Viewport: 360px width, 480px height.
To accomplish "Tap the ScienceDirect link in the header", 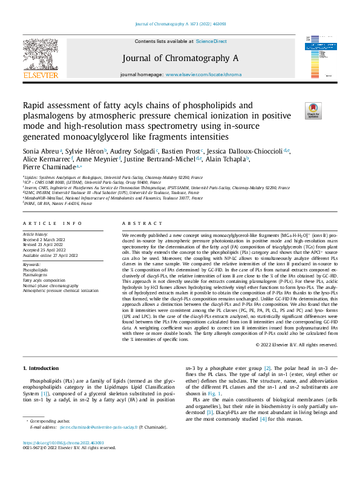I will click(x=211, y=41).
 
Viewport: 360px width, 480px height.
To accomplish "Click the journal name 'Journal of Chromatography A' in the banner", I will click(x=180, y=58).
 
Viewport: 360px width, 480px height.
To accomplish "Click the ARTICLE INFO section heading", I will click(x=53, y=223).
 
